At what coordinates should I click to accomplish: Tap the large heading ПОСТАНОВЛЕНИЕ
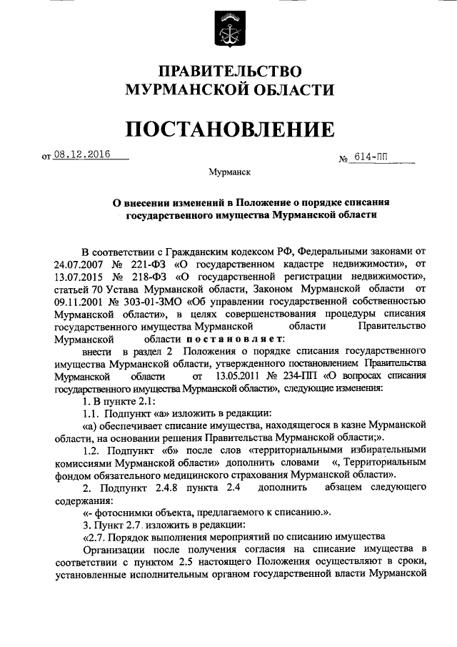pos(229,129)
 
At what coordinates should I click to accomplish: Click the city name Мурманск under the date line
pos(229,172)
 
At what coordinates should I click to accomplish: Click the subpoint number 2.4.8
pos(197,488)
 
